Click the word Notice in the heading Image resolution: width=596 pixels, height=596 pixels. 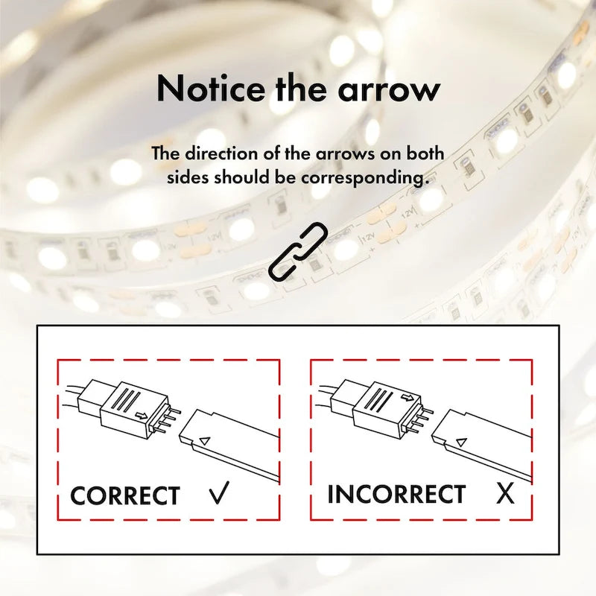tap(211, 88)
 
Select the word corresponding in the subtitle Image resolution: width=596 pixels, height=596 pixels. tap(363, 178)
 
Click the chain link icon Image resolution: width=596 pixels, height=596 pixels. tap(298, 251)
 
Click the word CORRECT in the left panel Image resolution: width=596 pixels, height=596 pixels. tap(124, 495)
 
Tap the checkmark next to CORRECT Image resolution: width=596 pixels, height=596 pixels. tap(220, 492)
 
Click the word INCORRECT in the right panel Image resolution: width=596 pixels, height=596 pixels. tap(396, 494)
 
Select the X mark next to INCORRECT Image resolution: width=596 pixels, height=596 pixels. tap(505, 493)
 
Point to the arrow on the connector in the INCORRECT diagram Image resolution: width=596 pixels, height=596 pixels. tap(408, 398)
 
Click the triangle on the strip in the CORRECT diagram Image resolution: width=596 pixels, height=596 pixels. tap(205, 441)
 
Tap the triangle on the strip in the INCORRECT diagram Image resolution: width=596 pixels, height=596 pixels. tap(461, 443)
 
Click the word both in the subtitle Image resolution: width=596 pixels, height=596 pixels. tap(425, 153)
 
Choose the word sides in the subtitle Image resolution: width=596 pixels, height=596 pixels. tap(188, 177)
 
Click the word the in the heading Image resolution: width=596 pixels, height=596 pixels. tap(302, 88)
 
